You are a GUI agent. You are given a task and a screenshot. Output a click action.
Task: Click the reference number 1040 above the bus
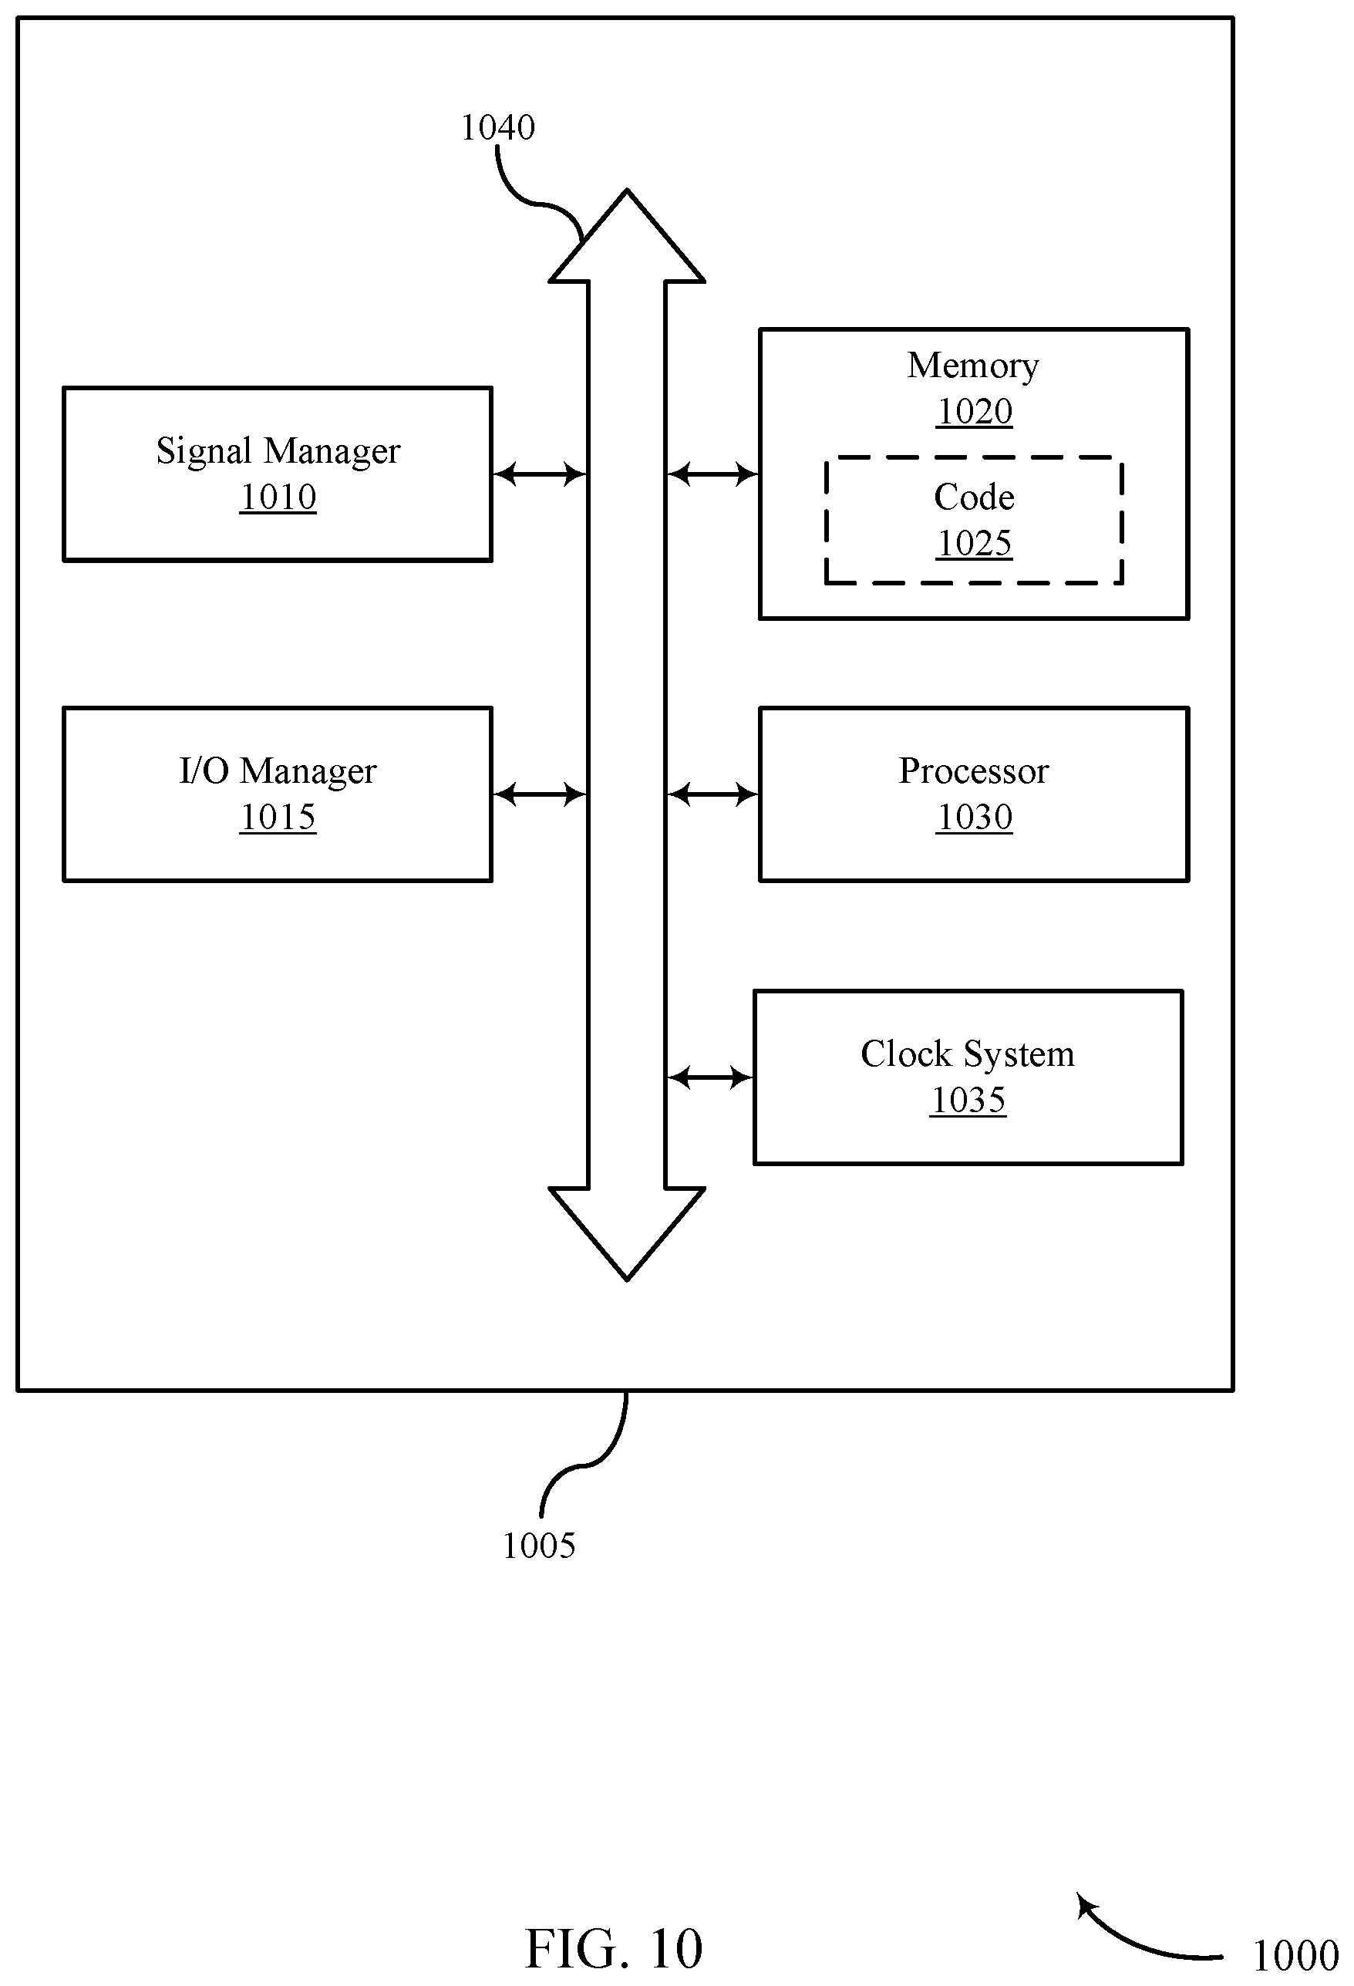click(x=497, y=128)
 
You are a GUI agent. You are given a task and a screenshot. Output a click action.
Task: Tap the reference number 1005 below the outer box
click(x=538, y=1545)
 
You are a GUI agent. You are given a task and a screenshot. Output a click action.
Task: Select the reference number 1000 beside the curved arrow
click(x=1295, y=1956)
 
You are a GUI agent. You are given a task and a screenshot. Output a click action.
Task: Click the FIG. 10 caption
click(x=613, y=1948)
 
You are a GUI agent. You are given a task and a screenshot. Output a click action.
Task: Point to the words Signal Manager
click(x=278, y=451)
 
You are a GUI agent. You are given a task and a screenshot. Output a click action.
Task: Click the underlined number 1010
click(x=278, y=497)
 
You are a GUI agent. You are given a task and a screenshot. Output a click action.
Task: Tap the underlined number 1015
click(x=278, y=818)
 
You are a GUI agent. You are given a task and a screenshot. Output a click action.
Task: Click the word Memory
click(x=973, y=366)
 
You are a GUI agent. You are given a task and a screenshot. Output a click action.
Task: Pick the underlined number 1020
click(x=974, y=412)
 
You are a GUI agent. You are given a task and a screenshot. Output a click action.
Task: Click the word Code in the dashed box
click(x=974, y=497)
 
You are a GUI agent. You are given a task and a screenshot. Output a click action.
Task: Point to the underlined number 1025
click(x=974, y=544)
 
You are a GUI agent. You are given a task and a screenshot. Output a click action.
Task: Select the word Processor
click(x=973, y=770)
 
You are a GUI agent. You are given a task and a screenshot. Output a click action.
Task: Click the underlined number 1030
click(x=974, y=818)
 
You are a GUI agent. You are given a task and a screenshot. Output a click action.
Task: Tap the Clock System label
click(x=967, y=1054)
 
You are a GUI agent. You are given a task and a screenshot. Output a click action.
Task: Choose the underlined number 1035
click(x=968, y=1101)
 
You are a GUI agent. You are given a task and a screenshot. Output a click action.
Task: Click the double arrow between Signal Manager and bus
click(x=540, y=474)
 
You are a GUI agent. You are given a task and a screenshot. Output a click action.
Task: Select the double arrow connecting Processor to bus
click(x=712, y=794)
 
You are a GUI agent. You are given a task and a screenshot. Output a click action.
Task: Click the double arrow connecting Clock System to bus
click(x=710, y=1077)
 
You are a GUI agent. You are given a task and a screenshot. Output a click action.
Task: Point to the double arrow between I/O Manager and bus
click(x=540, y=794)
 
